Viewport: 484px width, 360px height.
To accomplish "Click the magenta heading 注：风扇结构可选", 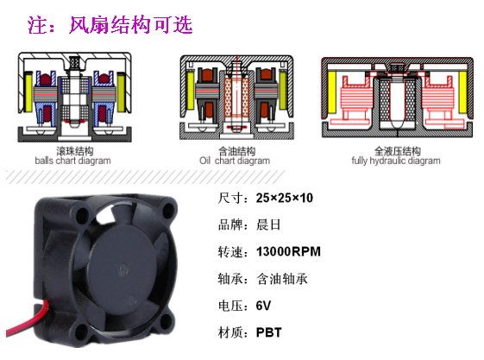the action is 110,25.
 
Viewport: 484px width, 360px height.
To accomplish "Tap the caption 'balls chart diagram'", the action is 72,161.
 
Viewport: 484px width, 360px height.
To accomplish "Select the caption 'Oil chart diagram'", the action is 235,161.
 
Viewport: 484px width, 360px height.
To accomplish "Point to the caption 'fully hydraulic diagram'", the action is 396,161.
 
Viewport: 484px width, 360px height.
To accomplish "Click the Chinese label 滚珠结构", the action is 75,151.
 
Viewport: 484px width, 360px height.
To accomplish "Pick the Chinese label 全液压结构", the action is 398,151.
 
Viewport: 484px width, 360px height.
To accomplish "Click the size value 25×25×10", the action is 285,198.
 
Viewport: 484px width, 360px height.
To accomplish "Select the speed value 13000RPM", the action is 288,251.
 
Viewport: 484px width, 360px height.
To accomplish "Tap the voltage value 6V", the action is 263,306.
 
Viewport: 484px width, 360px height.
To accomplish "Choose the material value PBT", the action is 269,332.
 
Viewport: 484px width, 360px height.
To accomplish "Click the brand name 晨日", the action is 268,224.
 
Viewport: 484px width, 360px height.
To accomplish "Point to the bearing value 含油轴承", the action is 282,279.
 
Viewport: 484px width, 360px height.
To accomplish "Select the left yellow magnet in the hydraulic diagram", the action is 332,92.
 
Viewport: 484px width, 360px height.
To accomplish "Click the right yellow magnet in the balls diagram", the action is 121,92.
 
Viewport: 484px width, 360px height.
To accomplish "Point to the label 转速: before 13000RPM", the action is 233,252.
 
